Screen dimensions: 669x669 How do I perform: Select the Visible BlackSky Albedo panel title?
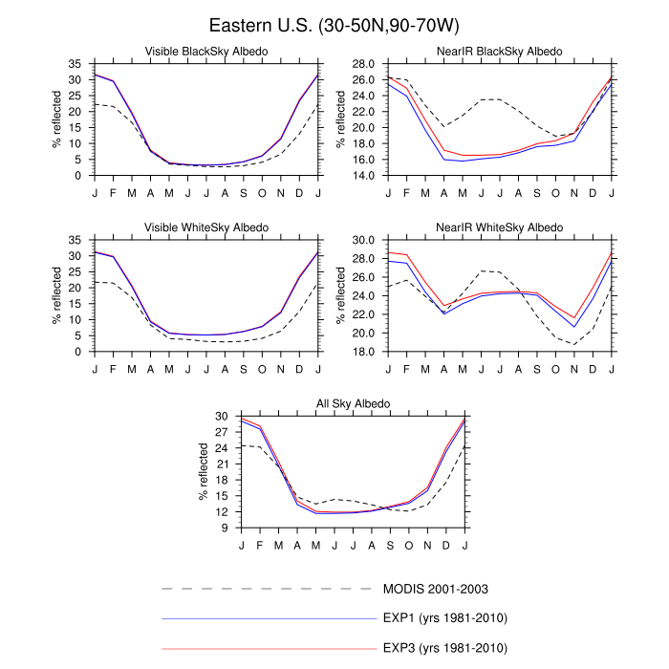pyautogui.click(x=205, y=51)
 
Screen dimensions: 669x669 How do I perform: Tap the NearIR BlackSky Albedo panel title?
pyautogui.click(x=500, y=51)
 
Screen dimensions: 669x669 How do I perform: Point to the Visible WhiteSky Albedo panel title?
pyautogui.click(x=205, y=227)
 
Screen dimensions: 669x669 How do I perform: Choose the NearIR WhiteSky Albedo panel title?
pyautogui.click(x=500, y=227)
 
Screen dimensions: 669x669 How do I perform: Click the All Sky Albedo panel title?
pyautogui.click(x=353, y=404)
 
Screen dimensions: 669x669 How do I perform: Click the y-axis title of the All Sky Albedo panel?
pyautogui.click(x=204, y=472)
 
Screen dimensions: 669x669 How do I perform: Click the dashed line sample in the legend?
pyautogui.click(x=268, y=588)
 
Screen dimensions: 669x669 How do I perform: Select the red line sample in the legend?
pyautogui.click(x=268, y=649)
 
